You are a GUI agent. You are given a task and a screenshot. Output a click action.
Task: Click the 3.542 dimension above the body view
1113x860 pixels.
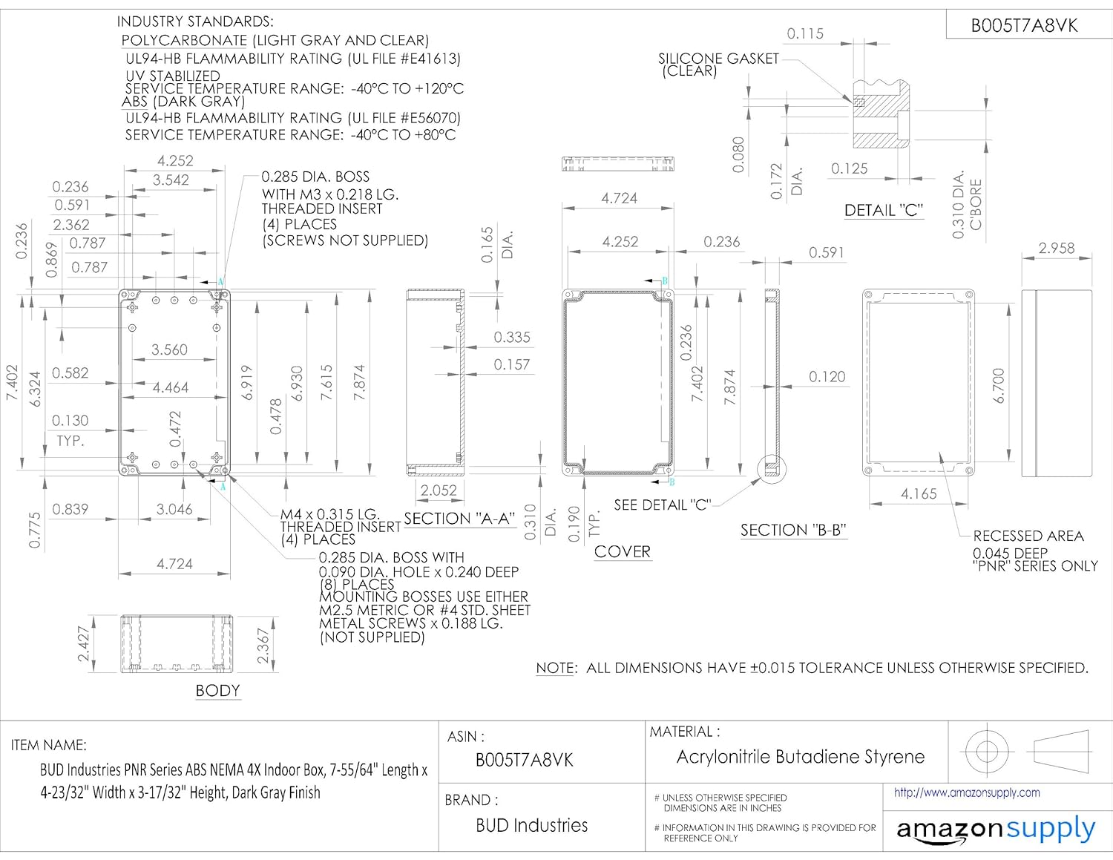click(x=171, y=180)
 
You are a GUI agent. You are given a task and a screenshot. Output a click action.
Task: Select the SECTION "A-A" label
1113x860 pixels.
click(x=459, y=519)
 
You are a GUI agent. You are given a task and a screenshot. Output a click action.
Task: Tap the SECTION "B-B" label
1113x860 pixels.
click(x=793, y=530)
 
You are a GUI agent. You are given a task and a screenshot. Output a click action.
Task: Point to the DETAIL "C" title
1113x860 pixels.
click(x=883, y=211)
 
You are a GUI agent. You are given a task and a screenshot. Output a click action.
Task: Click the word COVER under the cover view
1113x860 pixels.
click(x=623, y=552)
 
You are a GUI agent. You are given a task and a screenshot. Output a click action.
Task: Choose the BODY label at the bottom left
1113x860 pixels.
click(x=217, y=691)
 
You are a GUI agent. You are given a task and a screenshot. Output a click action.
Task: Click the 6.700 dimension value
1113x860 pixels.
click(x=999, y=386)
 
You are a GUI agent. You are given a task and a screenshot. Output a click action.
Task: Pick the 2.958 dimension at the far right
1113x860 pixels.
click(x=1056, y=248)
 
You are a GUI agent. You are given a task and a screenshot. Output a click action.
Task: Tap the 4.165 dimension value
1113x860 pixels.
click(x=919, y=494)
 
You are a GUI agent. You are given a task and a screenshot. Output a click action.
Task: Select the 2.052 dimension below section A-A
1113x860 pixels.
click(x=439, y=490)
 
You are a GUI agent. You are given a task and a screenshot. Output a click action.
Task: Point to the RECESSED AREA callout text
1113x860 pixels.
click(x=1028, y=536)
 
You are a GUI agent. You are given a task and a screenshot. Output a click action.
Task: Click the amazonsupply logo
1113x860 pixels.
click(x=996, y=830)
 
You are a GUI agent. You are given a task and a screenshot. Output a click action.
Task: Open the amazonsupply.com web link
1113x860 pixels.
click(x=967, y=792)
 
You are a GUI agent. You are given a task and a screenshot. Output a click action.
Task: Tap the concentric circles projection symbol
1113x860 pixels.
click(x=987, y=751)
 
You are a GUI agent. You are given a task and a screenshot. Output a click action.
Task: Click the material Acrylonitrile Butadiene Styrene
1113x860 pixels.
click(x=801, y=757)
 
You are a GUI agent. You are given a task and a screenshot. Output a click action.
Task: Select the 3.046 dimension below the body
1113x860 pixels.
click(x=174, y=509)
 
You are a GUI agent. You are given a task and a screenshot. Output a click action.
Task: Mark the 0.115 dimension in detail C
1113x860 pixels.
click(x=805, y=33)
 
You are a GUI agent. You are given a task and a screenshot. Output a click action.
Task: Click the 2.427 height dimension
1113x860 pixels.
click(x=84, y=644)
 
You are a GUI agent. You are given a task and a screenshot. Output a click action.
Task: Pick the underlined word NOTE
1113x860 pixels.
click(x=555, y=668)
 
